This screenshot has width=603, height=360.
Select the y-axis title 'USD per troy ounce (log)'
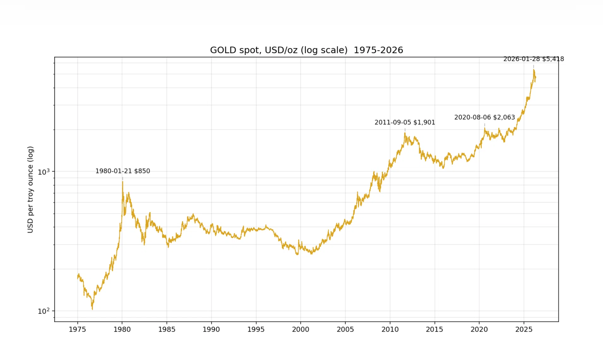[30, 189]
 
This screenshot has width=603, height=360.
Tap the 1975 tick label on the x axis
[77, 329]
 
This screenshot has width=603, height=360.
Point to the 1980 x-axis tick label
[122, 329]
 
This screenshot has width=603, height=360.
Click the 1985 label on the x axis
[167, 329]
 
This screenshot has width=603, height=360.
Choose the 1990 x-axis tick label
[211, 329]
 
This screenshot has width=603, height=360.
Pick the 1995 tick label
[256, 329]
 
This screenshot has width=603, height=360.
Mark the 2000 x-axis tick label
[301, 329]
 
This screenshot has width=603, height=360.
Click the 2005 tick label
[345, 329]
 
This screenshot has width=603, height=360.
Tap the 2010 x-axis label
[390, 329]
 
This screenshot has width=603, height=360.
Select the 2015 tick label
[434, 329]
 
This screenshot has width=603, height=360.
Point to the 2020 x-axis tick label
[479, 329]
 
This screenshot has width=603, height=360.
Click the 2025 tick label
[524, 329]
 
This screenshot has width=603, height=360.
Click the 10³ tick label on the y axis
[44, 172]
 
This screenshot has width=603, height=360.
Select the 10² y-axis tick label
[44, 311]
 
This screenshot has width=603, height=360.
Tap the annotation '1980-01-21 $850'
[123, 171]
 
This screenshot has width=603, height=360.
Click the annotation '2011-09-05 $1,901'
[405, 122]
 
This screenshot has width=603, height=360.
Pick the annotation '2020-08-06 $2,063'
[485, 117]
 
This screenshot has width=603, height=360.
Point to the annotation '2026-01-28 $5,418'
[534, 59]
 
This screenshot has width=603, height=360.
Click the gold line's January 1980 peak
[122, 182]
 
